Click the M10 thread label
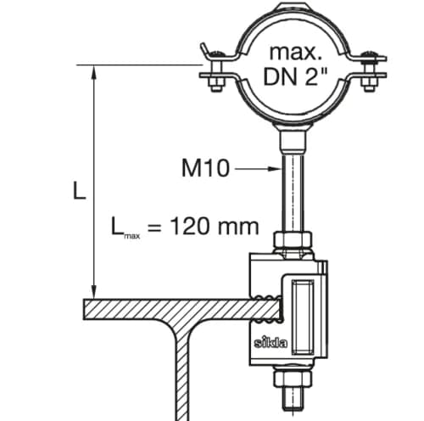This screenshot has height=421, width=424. [x=205, y=168]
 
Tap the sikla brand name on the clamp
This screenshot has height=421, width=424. [x=271, y=342]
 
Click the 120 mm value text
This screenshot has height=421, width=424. [x=215, y=226]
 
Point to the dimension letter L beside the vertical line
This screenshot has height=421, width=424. [x=79, y=190]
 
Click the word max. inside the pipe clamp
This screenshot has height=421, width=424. [x=296, y=53]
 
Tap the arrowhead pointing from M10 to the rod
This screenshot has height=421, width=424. [x=274, y=169]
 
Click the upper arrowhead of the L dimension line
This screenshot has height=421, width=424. [x=94, y=72]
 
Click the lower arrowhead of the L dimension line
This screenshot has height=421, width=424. [x=94, y=292]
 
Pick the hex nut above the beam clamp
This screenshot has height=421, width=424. [x=293, y=239]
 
